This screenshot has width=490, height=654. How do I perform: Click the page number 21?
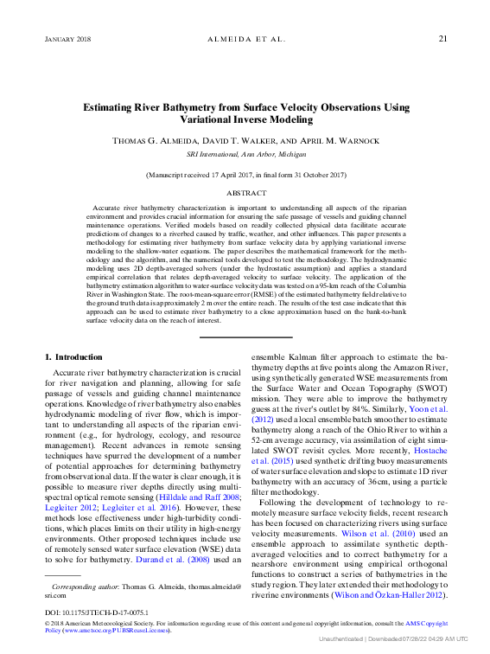(442, 39)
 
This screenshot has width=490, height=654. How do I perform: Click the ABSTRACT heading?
(246, 194)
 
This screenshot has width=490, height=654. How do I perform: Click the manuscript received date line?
(246, 175)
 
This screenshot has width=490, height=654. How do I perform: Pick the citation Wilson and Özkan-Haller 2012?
(407, 596)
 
